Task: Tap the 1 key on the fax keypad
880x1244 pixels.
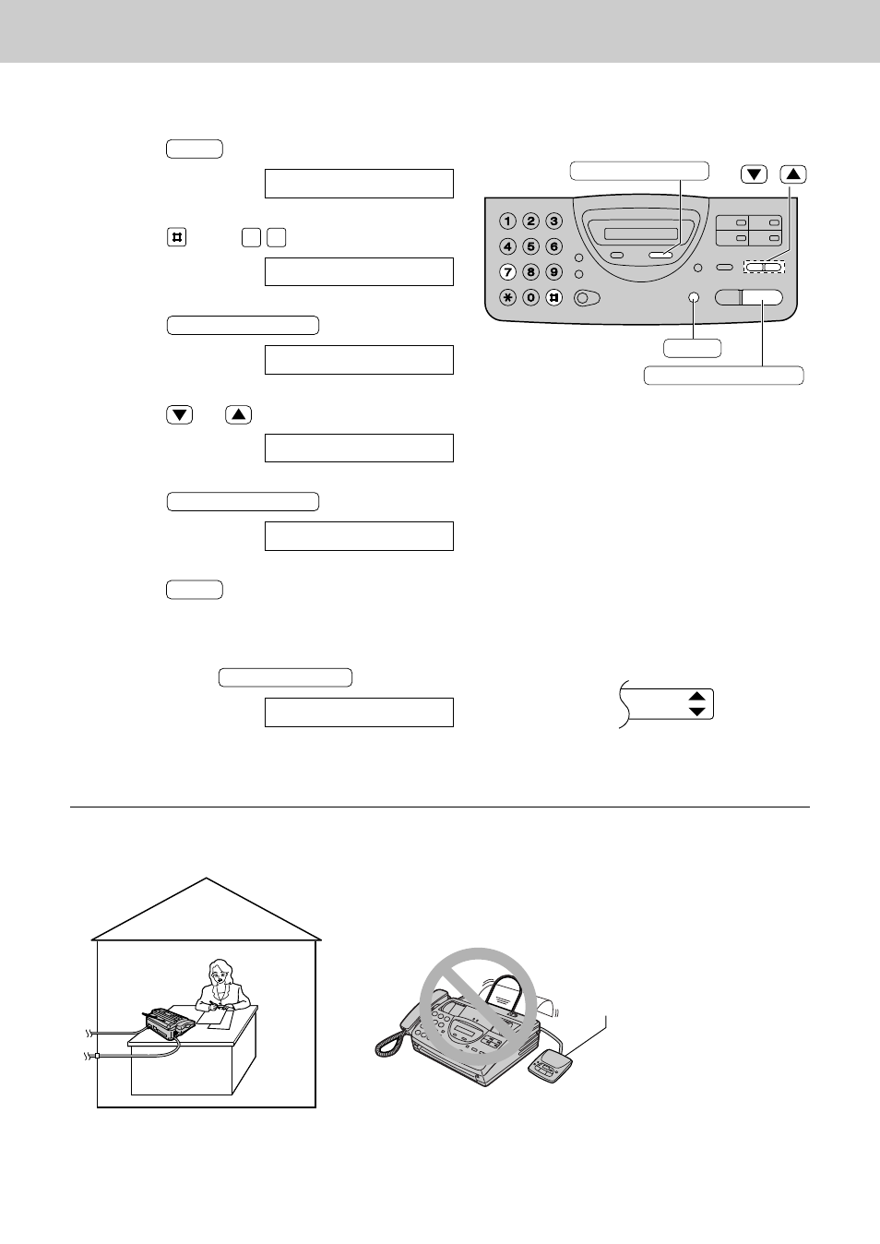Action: click(x=507, y=221)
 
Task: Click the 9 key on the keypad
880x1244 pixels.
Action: click(x=553, y=272)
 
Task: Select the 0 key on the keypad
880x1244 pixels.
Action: click(x=530, y=297)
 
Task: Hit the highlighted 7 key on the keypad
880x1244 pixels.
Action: click(x=507, y=272)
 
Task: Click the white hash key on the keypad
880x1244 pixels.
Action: click(x=553, y=297)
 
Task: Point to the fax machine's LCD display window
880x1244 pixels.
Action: click(x=640, y=233)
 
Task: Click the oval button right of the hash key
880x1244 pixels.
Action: click(x=588, y=297)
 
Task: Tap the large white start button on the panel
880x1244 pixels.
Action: click(x=762, y=297)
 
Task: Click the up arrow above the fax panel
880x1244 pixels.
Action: click(x=793, y=174)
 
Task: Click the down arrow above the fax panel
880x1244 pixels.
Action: click(x=755, y=174)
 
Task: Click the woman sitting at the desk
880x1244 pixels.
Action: click(x=221, y=986)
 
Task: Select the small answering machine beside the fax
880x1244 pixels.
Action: click(x=551, y=1066)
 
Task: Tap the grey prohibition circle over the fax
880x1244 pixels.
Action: click(x=479, y=1005)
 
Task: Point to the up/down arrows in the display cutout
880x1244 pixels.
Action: click(x=697, y=704)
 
